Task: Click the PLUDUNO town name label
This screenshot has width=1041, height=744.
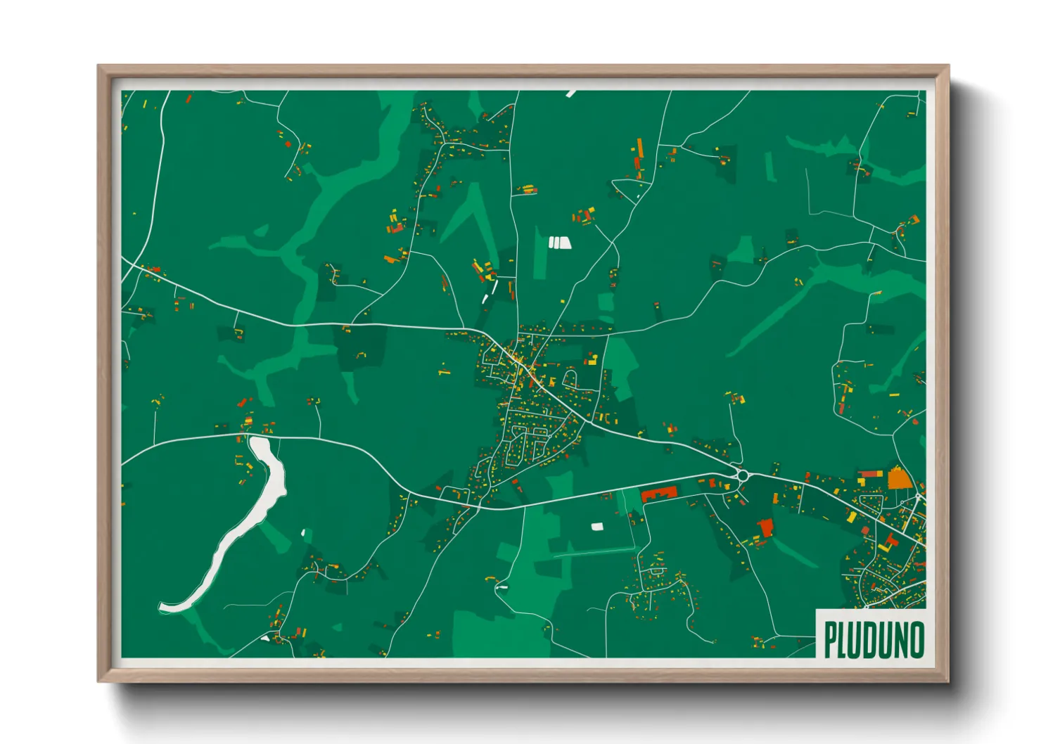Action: [x=873, y=640]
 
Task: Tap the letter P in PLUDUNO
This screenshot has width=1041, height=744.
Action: [x=831, y=640]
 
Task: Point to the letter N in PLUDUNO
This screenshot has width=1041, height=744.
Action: [x=900, y=640]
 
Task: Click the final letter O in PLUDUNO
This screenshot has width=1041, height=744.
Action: [x=916, y=640]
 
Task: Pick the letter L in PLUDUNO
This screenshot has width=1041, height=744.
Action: [x=843, y=640]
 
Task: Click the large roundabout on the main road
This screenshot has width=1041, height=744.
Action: [x=741, y=475]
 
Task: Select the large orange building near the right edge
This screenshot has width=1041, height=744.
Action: [x=898, y=478]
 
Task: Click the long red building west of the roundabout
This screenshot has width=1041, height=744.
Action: [x=658, y=493]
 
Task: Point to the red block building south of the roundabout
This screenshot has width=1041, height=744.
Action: [x=766, y=527]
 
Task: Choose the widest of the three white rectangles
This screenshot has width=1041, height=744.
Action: [x=563, y=243]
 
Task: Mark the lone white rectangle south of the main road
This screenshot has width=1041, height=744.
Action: [x=596, y=526]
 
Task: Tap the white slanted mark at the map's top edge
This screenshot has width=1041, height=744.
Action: [x=570, y=93]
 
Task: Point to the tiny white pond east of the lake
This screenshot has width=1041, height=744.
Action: [x=303, y=532]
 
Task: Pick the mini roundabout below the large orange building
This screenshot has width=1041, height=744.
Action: [x=919, y=497]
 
